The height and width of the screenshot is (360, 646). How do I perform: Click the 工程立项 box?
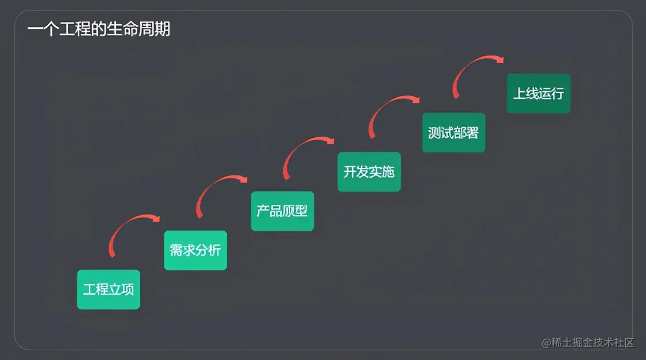tap(108, 289)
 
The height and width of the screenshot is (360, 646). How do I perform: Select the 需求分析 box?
tap(196, 250)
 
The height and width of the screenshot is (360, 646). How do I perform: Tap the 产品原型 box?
tap(282, 211)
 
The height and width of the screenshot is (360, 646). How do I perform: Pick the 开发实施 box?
tap(369, 171)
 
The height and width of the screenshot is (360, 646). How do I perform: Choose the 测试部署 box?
tap(453, 133)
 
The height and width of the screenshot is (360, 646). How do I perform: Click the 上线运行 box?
tap(539, 93)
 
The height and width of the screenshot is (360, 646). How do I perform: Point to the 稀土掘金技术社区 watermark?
tap(588, 342)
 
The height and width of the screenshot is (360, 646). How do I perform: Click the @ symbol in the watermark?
tap(547, 343)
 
